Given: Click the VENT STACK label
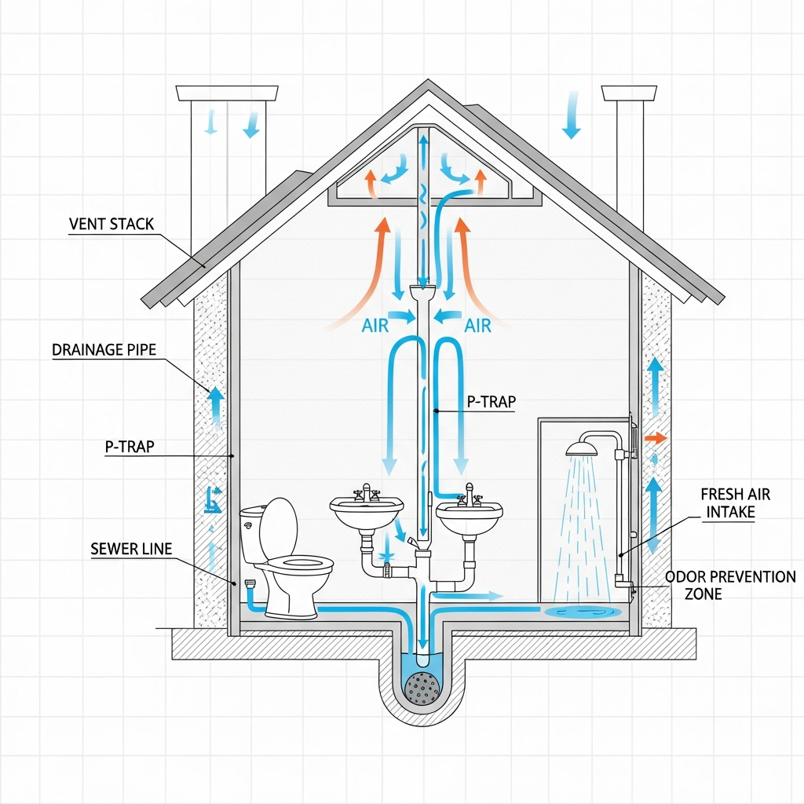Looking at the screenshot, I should tap(111, 225).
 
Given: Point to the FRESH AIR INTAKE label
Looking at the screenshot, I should tap(735, 503).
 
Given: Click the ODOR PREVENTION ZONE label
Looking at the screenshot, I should tap(730, 585).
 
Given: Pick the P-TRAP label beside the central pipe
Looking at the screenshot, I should tap(492, 402).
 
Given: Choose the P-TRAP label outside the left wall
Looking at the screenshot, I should tap(130, 447).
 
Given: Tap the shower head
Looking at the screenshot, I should tap(582, 448).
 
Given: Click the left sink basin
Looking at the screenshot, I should tap(367, 513).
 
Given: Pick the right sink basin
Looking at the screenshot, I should tap(469, 517).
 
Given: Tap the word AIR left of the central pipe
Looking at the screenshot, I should tap(375, 325).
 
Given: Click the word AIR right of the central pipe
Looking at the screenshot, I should tap(478, 325).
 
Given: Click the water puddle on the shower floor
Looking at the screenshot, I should tap(582, 611).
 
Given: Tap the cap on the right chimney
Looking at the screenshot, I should tap(628, 93).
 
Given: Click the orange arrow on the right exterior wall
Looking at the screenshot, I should tap(655, 437).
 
